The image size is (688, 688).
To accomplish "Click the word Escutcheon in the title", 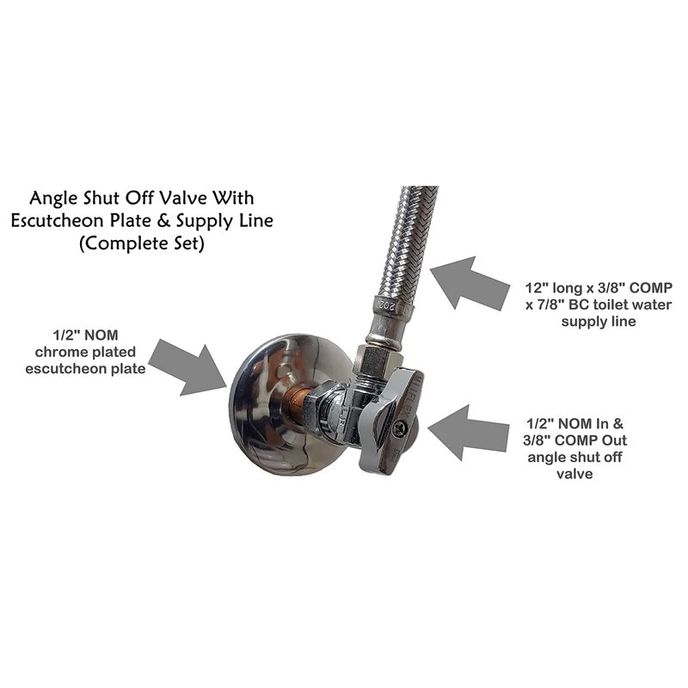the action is click(58, 221).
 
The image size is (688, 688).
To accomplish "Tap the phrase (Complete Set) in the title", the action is click(142, 243).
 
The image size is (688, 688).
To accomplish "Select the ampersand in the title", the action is click(163, 221).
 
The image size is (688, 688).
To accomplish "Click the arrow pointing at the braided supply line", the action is click(470, 284).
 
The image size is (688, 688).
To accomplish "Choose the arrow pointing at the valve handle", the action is click(468, 433).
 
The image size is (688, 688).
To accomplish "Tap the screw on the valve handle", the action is click(399, 428).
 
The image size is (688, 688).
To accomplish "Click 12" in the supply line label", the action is click(537, 288).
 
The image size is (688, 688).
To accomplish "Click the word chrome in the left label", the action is click(59, 352).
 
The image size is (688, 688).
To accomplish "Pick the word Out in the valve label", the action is click(614, 440).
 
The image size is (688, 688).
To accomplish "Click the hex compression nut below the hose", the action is click(374, 359).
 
